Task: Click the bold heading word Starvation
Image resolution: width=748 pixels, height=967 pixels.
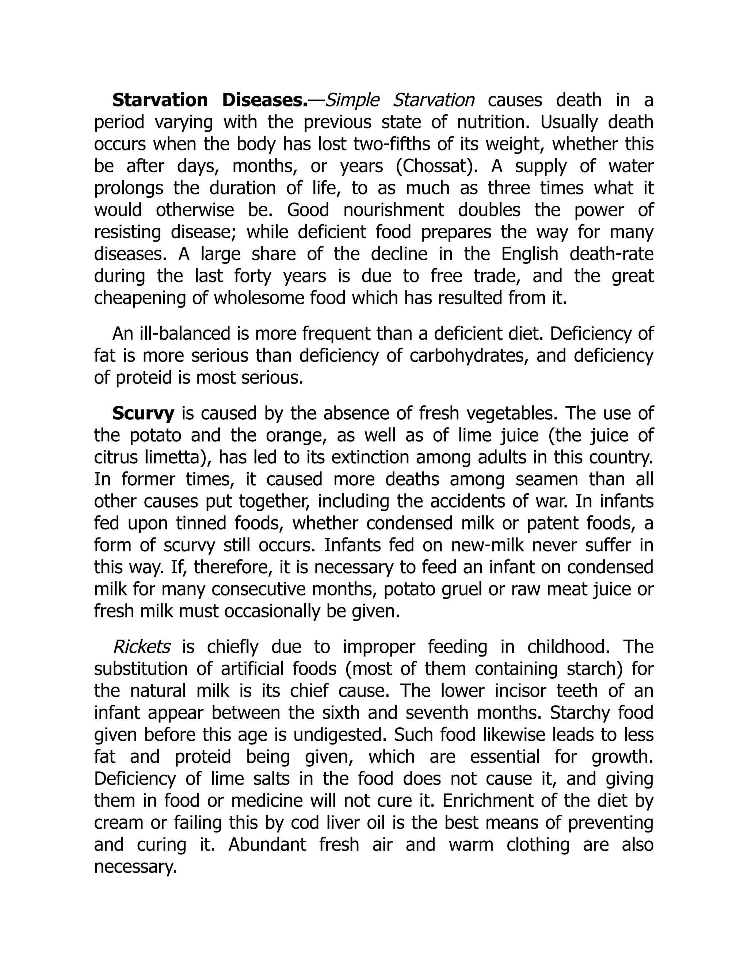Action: pyautogui.click(x=160, y=100)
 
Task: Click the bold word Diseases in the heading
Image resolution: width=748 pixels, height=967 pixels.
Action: pyautogui.click(x=264, y=100)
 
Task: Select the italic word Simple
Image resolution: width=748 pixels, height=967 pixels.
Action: pyautogui.click(x=352, y=100)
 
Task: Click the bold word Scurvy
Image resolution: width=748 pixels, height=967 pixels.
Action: pyautogui.click(x=143, y=413)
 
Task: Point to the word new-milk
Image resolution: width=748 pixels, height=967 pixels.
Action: pyautogui.click(x=488, y=546)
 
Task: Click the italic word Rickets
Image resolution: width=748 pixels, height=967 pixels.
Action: pyautogui.click(x=142, y=647)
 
